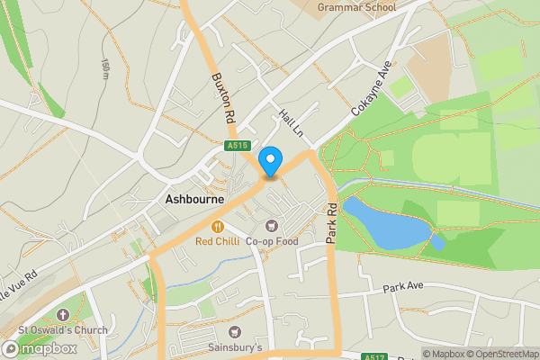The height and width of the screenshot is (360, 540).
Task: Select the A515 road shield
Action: pyautogui.click(x=237, y=145)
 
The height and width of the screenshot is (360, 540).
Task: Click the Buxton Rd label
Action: pyautogui.click(x=221, y=97)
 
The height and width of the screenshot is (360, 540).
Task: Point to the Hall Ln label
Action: pyautogui.click(x=290, y=124)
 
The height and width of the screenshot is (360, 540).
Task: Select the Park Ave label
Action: pyautogui.click(x=402, y=288)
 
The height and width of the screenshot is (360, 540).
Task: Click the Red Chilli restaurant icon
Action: pyautogui.click(x=218, y=227)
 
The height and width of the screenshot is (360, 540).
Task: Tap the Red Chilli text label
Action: pyautogui.click(x=218, y=241)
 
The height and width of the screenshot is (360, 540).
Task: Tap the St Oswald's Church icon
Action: pyautogui.click(x=62, y=315)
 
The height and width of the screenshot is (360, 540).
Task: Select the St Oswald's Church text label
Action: pyautogui.click(x=62, y=330)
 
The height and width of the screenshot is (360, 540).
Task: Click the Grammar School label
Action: pyautogui.click(x=356, y=8)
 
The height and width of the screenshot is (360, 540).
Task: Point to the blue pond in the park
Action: pyautogui.click(x=383, y=223)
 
